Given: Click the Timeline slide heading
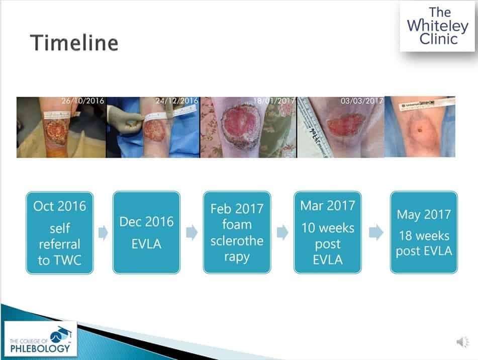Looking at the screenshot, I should click(74, 43).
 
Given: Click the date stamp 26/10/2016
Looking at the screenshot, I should click(83, 101).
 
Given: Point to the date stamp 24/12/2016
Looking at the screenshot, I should click(176, 101).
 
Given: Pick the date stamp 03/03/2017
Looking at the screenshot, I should click(361, 101).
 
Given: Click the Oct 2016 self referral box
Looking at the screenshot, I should click(60, 232).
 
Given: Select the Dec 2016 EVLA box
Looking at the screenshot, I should click(146, 232).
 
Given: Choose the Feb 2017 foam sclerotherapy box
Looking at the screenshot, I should click(237, 232).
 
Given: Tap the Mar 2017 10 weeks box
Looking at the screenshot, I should click(327, 232).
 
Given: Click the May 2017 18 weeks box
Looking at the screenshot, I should click(424, 232).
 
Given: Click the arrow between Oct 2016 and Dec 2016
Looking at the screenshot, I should click(103, 233).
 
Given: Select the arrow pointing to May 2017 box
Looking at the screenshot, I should click(375, 233).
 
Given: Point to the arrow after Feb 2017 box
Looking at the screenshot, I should click(282, 233).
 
